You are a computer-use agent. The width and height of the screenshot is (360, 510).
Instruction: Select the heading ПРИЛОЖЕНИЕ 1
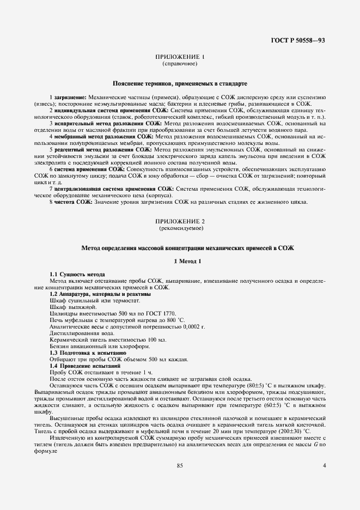[x=180, y=57]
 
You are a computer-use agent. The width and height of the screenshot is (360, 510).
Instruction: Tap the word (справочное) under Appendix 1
[x=180, y=64]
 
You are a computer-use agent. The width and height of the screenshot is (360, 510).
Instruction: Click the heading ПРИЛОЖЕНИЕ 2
[x=180, y=222]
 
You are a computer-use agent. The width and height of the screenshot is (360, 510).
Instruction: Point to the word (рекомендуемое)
[x=180, y=229]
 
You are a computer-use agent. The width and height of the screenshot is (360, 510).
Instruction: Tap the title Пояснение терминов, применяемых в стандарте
[x=180, y=84]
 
